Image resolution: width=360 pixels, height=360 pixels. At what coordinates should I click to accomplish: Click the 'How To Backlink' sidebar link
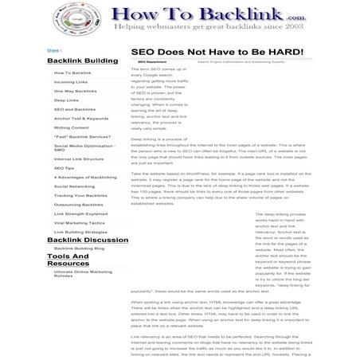[x=72, y=72]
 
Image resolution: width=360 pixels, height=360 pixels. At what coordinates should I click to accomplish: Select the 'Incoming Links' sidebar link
[x=71, y=82]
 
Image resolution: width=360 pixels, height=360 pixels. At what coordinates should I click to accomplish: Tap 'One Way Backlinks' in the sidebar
[x=75, y=92]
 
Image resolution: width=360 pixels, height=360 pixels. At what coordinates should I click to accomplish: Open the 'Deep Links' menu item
[x=66, y=101]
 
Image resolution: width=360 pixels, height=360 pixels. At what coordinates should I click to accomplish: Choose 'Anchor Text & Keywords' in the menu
[x=81, y=119]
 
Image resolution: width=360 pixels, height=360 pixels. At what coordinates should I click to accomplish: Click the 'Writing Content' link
[x=72, y=127]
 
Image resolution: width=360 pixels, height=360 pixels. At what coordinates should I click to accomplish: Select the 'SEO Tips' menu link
[x=64, y=168]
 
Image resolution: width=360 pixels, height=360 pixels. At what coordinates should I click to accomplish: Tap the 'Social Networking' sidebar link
[x=74, y=186]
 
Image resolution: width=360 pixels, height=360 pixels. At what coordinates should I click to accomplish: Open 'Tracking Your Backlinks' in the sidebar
[x=80, y=195]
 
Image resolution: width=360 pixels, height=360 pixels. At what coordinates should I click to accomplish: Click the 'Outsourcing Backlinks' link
[x=79, y=205]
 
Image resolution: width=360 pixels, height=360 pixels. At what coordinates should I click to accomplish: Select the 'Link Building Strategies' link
[x=80, y=232]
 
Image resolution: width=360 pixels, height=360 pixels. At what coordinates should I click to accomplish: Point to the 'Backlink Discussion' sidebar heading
[x=88, y=240]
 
